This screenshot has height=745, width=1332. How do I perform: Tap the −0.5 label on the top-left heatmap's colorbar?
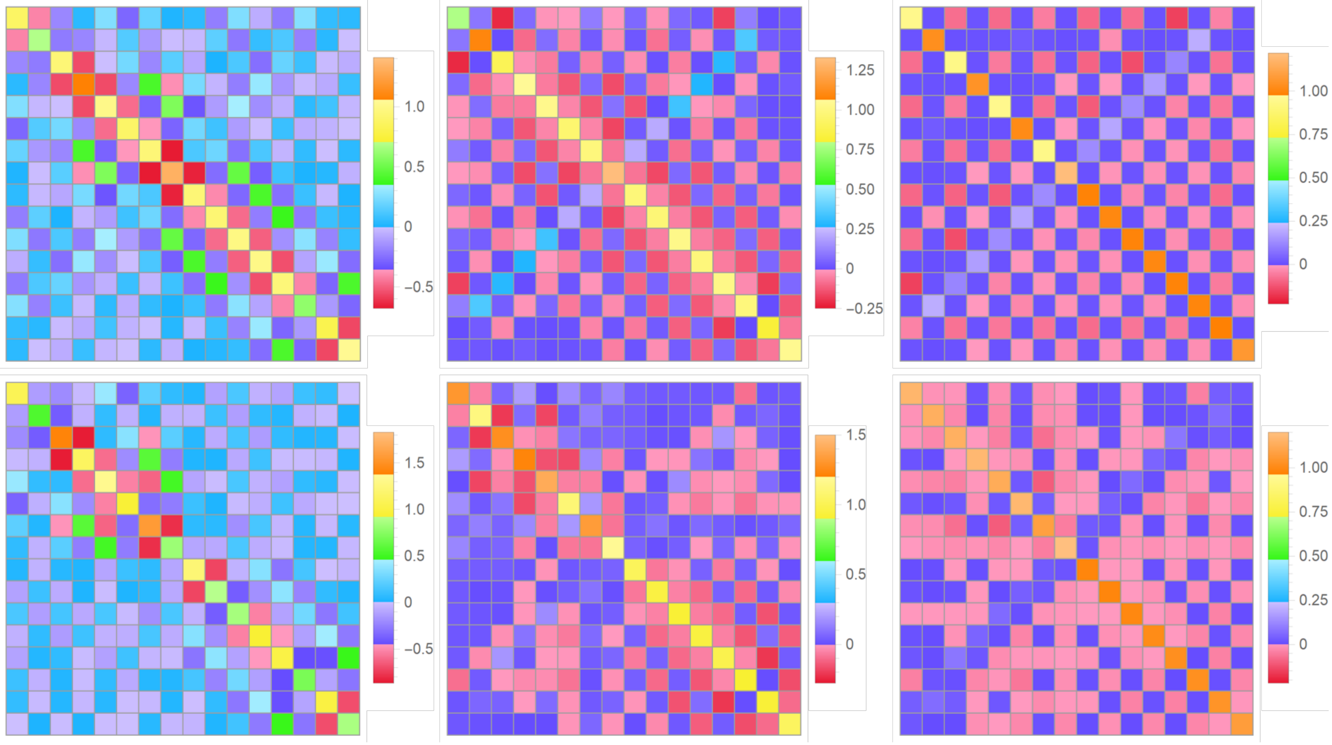(418, 287)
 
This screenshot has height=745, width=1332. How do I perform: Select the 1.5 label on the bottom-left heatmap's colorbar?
(414, 463)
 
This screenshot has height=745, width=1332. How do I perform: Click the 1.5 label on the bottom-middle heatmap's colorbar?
(856, 435)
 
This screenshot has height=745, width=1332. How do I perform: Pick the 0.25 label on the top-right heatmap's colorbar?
(1313, 221)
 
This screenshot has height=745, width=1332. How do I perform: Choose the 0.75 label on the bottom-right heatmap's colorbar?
(1313, 511)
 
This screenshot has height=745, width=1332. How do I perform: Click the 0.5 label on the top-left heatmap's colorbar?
(414, 167)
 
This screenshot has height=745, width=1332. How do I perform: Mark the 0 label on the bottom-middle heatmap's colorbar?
(849, 644)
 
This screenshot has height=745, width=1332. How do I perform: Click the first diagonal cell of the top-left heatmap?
(17, 18)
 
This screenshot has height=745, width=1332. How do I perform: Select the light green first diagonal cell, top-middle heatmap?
(458, 18)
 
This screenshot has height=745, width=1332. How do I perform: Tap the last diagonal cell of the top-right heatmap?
(1243, 350)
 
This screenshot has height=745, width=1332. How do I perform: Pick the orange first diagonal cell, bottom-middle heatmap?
(458, 393)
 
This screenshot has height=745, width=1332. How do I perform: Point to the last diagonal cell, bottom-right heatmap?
(1243, 724)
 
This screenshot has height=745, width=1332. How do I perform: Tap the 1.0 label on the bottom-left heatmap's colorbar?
(414, 509)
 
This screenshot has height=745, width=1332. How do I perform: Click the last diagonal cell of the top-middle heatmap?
(790, 350)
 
